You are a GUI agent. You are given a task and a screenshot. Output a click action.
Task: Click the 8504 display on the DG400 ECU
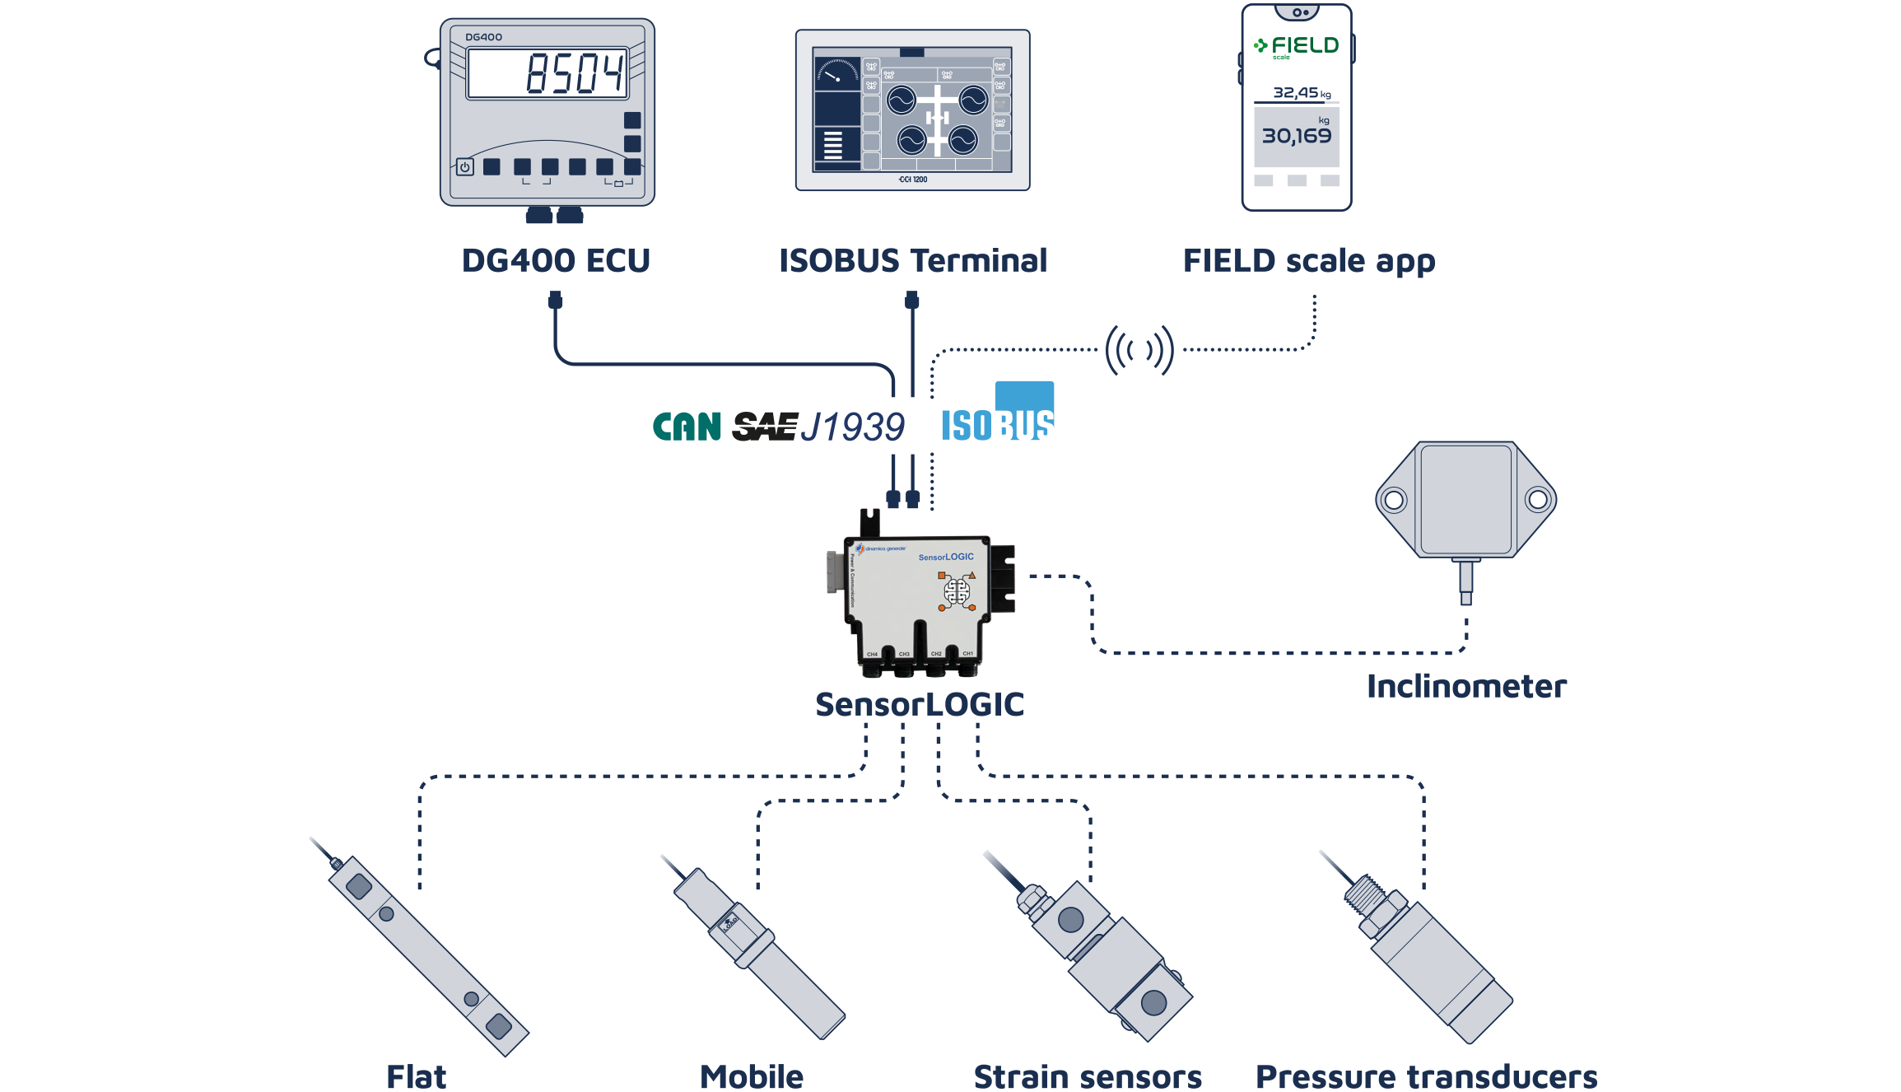pos(547,73)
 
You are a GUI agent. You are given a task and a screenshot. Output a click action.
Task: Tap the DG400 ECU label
pos(556,261)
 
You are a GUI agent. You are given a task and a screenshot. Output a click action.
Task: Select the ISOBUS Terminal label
pos(912,261)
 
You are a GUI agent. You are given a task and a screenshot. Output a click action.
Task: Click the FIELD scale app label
pos(1309,262)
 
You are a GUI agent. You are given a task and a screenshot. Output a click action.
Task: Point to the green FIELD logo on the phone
pos(1296,46)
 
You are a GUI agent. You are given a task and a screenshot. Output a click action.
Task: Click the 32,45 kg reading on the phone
pos(1301,93)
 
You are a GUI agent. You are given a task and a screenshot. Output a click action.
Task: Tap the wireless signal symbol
pos(1139,350)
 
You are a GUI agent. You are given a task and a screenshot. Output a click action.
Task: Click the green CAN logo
pos(687,427)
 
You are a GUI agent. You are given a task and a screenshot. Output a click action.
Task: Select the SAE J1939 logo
pos(818,427)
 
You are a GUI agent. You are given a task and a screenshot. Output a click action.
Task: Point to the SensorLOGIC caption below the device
pos(919,705)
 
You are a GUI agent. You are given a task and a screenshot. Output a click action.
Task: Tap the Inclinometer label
pos(1466,687)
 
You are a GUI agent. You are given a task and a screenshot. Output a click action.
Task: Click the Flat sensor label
pos(417,1076)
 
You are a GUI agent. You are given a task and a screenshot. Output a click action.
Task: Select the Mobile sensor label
pos(752,1076)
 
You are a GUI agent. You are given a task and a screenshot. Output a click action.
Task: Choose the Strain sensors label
pos(1088,1076)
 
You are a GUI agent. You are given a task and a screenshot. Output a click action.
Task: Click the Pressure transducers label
pos(1426,1076)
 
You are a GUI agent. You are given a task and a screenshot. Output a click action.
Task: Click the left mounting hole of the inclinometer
pos(1394,500)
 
